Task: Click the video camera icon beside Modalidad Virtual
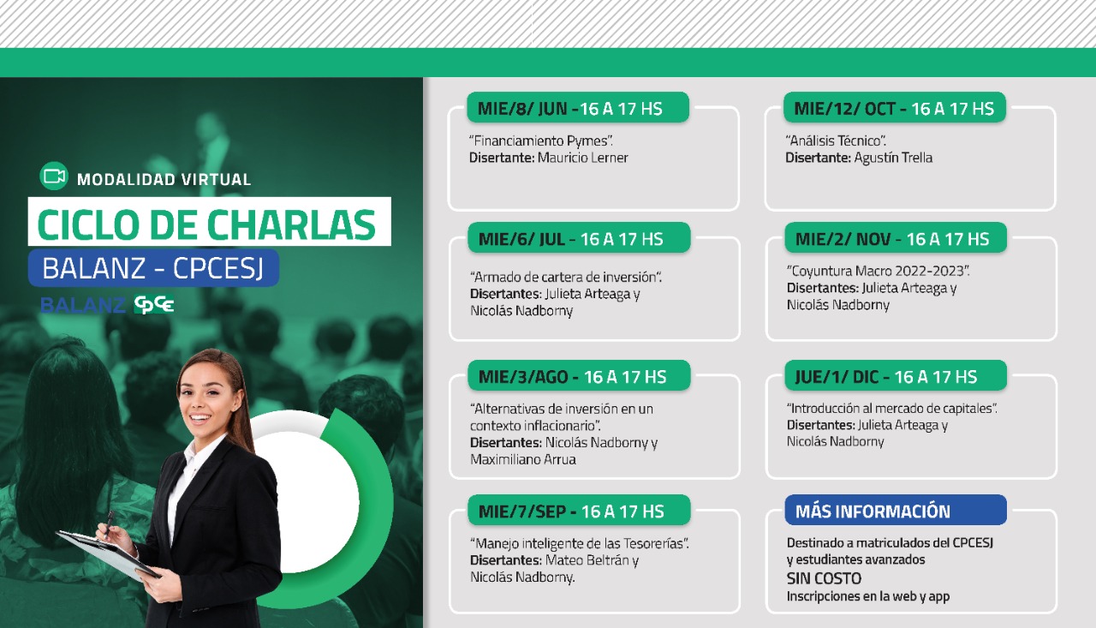[x=54, y=176]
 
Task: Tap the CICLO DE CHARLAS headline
[x=206, y=224]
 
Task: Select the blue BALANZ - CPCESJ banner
[x=153, y=268]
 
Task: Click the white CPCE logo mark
[x=154, y=304]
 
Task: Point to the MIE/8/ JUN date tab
[x=578, y=107]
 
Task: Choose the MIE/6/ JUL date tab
[x=579, y=238]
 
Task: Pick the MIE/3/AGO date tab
[x=579, y=375]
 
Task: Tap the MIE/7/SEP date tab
[x=579, y=510]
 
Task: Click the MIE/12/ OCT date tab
[x=895, y=107]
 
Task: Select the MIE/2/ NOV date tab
[x=896, y=238]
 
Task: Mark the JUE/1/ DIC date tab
[x=896, y=375]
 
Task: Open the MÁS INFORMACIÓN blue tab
[x=896, y=510]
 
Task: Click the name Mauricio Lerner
[x=583, y=158]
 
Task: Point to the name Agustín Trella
[x=893, y=158]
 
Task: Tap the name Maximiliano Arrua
[x=522, y=459]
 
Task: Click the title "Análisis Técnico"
[x=836, y=141]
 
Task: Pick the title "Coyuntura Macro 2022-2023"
[x=878, y=272]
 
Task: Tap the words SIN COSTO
[x=824, y=578]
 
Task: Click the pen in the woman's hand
[x=108, y=523]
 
